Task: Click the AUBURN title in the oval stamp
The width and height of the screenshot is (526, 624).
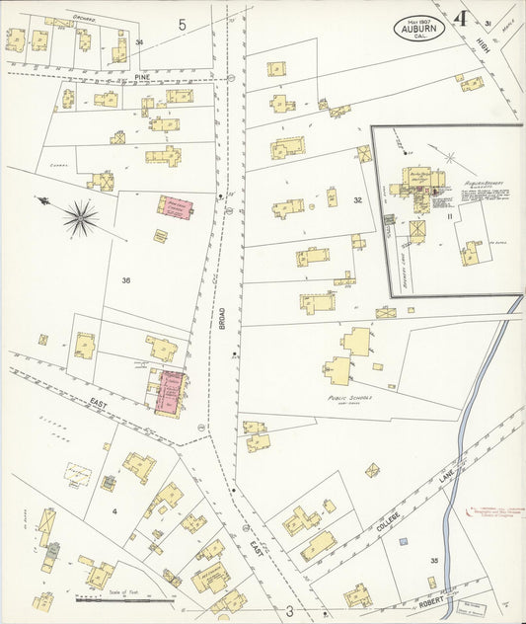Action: click(x=419, y=30)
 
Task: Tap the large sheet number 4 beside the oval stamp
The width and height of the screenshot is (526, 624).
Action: click(x=461, y=19)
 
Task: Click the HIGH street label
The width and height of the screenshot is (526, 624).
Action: click(x=483, y=42)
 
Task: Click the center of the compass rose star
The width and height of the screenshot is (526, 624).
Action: click(x=80, y=217)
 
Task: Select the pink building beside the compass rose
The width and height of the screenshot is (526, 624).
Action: click(x=175, y=207)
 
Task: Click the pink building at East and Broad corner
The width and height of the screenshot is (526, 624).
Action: click(x=171, y=392)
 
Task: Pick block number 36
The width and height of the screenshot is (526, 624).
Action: click(x=126, y=280)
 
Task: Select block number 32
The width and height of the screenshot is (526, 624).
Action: click(x=358, y=200)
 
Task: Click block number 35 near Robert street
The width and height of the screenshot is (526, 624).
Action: click(x=433, y=560)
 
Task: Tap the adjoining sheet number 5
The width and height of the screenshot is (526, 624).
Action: click(x=182, y=23)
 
